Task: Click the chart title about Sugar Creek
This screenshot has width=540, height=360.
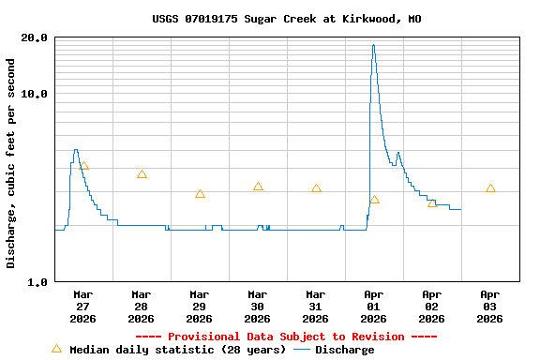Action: coord(286,19)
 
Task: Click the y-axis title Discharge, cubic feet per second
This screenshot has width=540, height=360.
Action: coord(11,163)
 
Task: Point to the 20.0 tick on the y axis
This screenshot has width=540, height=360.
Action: coord(35,38)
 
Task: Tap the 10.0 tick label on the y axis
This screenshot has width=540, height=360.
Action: coord(35,95)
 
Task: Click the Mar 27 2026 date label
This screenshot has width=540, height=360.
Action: coord(83,306)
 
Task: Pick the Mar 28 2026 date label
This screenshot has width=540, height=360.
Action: coord(142,306)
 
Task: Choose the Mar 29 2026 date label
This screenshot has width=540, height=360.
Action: coord(200,306)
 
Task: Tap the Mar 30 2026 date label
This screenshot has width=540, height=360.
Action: coord(258,306)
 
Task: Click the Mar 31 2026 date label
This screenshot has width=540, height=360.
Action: coord(316,306)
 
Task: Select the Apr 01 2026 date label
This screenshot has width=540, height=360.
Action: coord(374,306)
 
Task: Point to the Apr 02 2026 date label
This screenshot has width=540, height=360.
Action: coord(432,306)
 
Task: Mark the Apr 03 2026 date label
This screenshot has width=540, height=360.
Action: coord(490,306)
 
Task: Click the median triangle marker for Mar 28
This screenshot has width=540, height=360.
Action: coord(142,174)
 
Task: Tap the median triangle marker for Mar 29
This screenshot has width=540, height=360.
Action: coord(200,194)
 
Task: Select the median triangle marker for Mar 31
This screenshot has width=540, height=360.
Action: coord(316,188)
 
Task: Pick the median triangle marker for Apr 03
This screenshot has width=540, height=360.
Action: coord(490,188)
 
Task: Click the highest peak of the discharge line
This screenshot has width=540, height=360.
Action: coord(373,45)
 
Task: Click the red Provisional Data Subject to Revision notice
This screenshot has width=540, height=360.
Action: coord(286,337)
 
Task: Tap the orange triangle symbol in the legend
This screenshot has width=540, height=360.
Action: coord(56,349)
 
